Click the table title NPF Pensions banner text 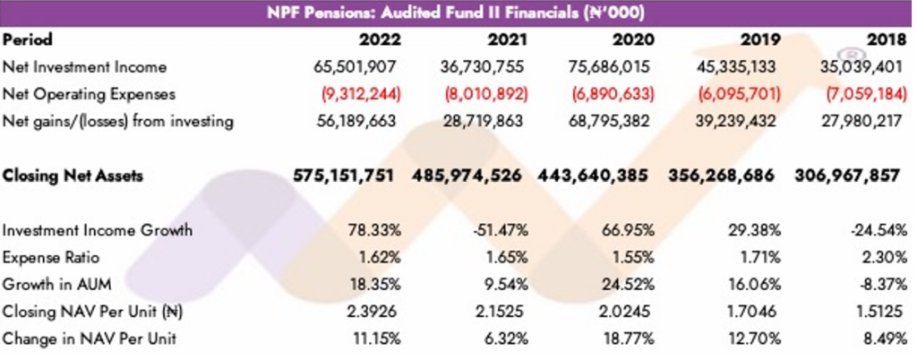tap(458, 13)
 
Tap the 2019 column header tap(760, 40)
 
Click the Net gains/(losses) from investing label tap(118, 122)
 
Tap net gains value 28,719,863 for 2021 tap(484, 122)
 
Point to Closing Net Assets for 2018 tap(846, 176)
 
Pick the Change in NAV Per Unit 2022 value tap(372, 339)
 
